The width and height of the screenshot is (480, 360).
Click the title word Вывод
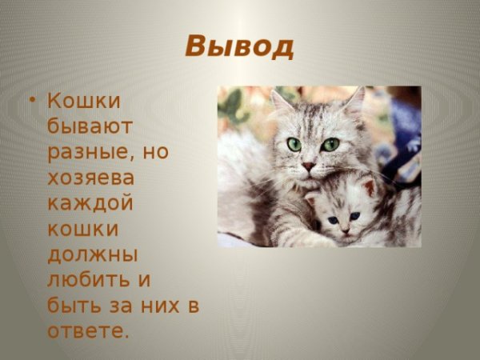pyautogui.click(x=239, y=46)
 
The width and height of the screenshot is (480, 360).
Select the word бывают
pyautogui.click(x=90, y=126)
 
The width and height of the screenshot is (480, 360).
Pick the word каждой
pyautogui.click(x=90, y=203)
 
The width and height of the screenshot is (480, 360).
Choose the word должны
pyautogui.click(x=93, y=254)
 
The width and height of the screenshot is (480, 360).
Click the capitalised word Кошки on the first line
pyautogui.click(x=84, y=101)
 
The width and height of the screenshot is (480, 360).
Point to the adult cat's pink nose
pyautogui.click(x=308, y=166)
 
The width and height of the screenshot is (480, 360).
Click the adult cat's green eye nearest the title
pyautogui.click(x=294, y=144)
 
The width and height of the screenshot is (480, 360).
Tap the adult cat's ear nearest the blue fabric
pyautogui.click(x=353, y=101)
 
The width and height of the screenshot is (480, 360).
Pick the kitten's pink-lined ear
pyautogui.click(x=369, y=188)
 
